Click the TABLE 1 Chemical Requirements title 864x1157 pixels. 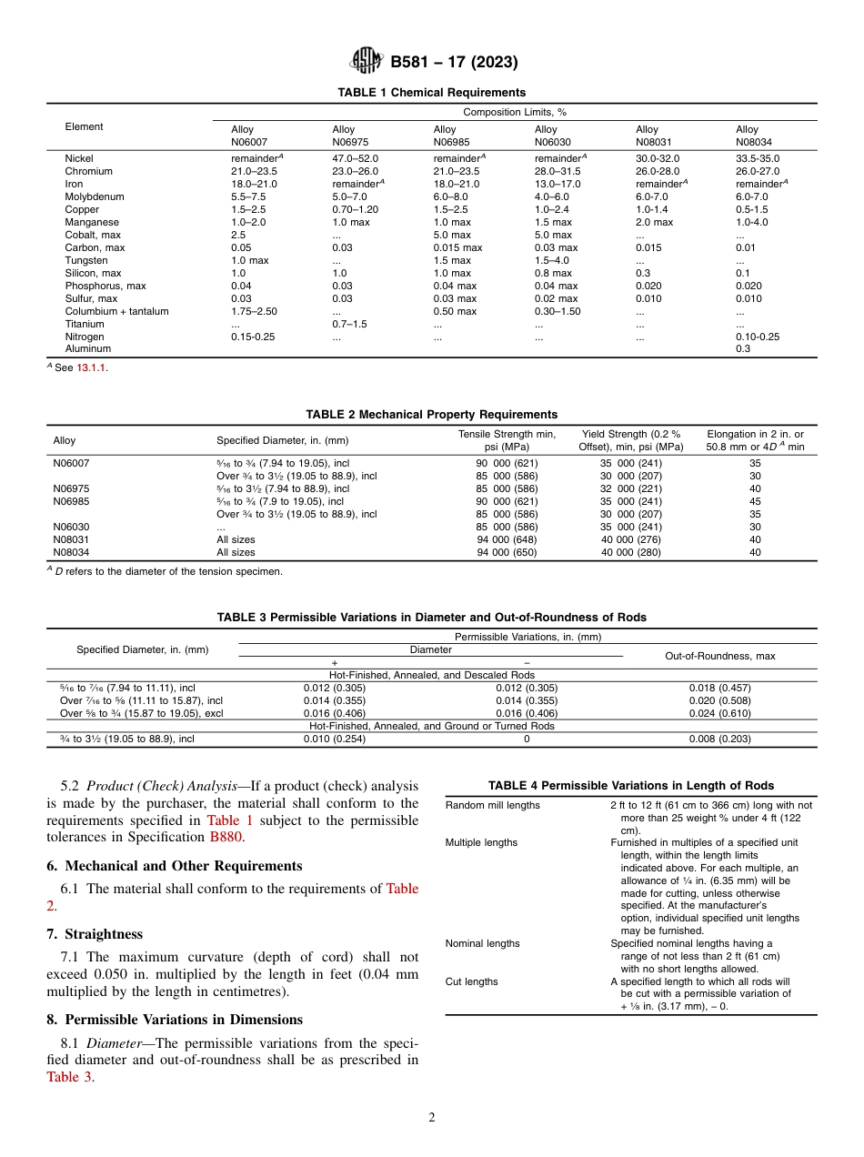coord(431,93)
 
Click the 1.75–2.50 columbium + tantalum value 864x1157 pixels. coord(254,311)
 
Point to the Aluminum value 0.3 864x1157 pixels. coord(743,348)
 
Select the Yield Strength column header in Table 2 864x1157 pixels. coord(630,440)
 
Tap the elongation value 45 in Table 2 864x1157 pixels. coord(755,501)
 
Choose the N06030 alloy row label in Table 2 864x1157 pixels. coord(71,527)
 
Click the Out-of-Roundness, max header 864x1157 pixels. coord(720,656)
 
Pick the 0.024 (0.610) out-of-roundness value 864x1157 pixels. coord(720,713)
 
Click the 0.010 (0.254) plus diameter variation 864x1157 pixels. coord(334,739)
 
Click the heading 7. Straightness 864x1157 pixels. coord(95,934)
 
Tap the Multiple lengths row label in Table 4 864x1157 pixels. coord(481,842)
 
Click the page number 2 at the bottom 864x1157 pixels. coord(432,1117)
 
